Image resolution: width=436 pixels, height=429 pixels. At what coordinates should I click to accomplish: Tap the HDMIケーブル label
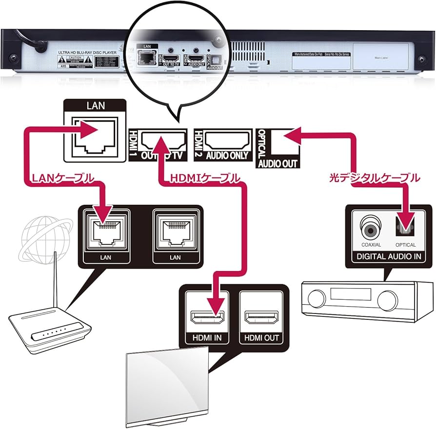point(205,179)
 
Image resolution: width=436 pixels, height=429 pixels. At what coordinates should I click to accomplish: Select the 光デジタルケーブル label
point(375,179)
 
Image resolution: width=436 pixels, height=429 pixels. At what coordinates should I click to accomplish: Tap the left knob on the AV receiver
point(317,298)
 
